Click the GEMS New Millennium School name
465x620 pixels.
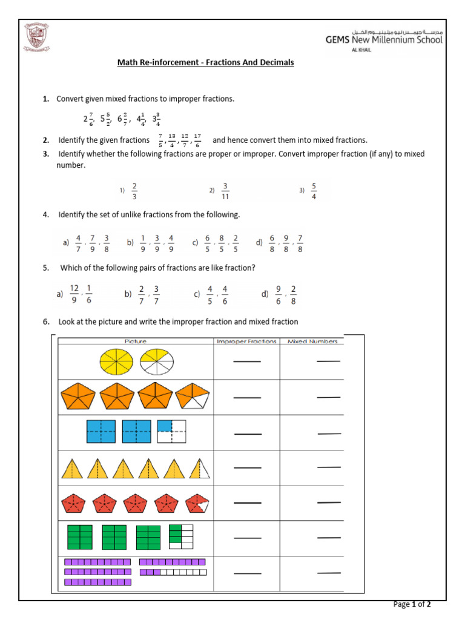coord(384,40)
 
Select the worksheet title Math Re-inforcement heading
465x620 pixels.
coord(205,62)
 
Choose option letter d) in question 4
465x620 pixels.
coord(259,243)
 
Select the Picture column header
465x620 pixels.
coord(135,341)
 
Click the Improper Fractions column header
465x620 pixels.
coord(246,341)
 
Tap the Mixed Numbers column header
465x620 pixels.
coord(312,341)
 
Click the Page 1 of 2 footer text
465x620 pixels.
coord(412,604)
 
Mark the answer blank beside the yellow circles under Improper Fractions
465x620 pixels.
coord(247,362)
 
